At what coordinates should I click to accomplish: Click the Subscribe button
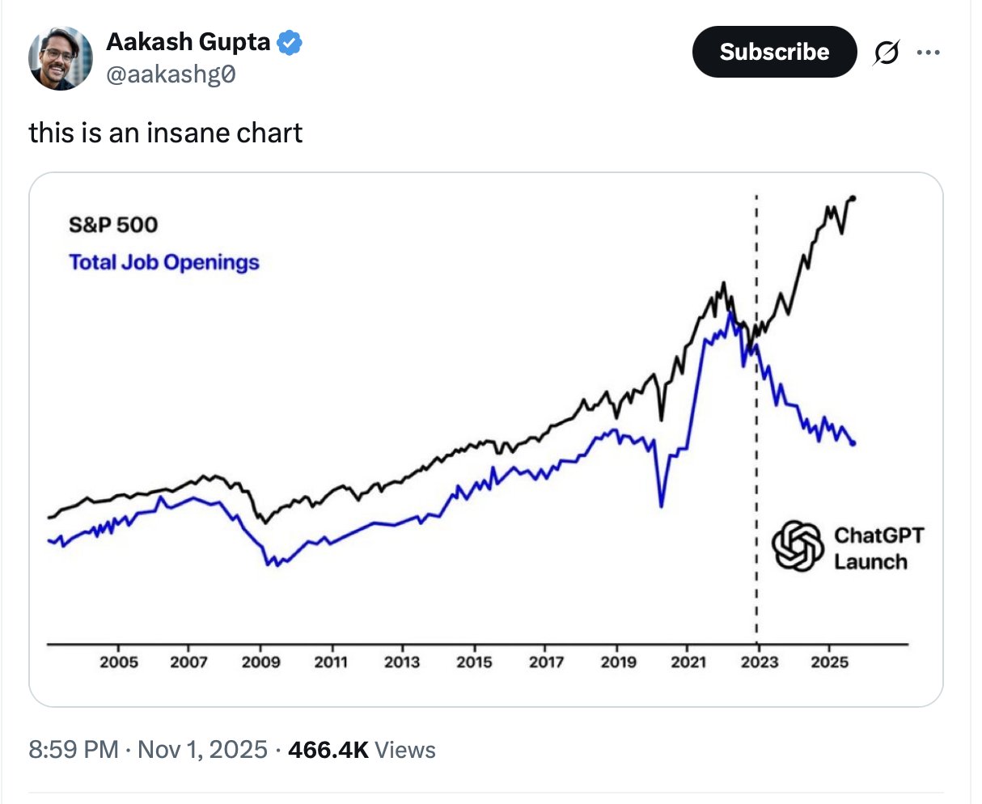[774, 52]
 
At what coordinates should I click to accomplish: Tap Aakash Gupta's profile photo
[61, 58]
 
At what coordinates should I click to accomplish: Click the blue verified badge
[290, 42]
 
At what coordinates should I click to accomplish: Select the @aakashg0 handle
[171, 74]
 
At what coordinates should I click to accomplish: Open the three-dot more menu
[928, 53]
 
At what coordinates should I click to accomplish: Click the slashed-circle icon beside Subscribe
[886, 53]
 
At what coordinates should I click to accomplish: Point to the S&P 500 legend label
[113, 225]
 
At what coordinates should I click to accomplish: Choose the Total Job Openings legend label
[164, 262]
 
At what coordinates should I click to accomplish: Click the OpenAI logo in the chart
[797, 547]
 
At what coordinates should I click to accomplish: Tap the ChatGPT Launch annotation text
[878, 548]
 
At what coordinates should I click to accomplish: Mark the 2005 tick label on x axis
[119, 662]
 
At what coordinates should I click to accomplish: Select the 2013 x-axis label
[402, 662]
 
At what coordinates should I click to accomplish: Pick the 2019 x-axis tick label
[619, 662]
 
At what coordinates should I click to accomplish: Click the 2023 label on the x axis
[760, 662]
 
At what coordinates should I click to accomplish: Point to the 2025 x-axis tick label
[830, 662]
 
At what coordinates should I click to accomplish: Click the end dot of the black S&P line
[853, 198]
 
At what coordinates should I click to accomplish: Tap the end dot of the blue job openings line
[853, 443]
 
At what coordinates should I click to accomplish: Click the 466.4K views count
[328, 750]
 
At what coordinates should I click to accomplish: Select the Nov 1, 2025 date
[202, 750]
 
